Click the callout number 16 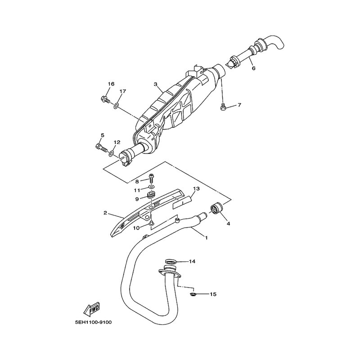pyautogui.click(x=111, y=84)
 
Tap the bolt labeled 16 pyautogui.click(x=105, y=100)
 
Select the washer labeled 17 pyautogui.click(x=116, y=106)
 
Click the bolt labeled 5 pyautogui.click(x=101, y=147)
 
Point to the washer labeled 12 pyautogui.click(x=112, y=153)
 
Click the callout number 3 pyautogui.click(x=156, y=84)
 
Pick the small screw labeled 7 pyautogui.click(x=223, y=107)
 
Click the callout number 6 pyautogui.click(x=253, y=68)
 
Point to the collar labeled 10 pyautogui.click(x=151, y=222)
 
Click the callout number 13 pyautogui.click(x=196, y=189)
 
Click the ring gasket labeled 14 pyautogui.click(x=171, y=261)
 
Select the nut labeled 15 pyautogui.click(x=193, y=294)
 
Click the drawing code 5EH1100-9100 pyautogui.click(x=93, y=322)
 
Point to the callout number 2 pyautogui.click(x=105, y=213)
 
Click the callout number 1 pyautogui.click(x=206, y=238)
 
